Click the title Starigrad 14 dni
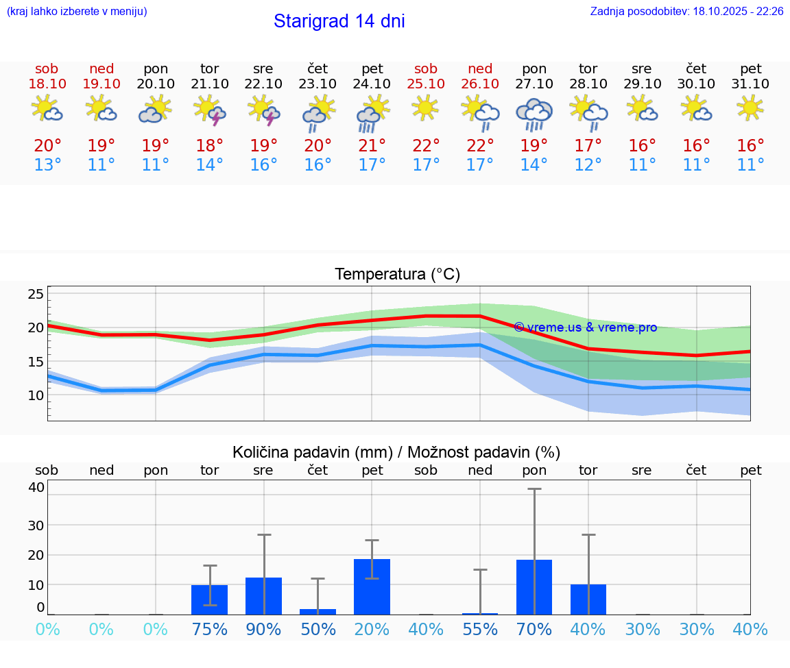pos(339,21)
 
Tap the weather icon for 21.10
pos(210,110)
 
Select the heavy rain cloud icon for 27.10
pos(534,114)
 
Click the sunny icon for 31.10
pos(750,108)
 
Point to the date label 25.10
pos(426,84)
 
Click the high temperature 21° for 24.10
pos(372,146)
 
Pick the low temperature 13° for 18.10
pos(47,165)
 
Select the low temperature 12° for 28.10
pos(588,165)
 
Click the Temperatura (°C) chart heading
pos(397,275)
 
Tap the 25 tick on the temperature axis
pos(36,294)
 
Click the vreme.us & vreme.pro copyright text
pos(585,327)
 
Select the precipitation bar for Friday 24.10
pos(372,586)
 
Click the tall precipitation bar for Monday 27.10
pos(534,587)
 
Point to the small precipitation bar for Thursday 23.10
pos(318,611)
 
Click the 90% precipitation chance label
pos(264,629)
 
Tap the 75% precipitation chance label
pos(210,629)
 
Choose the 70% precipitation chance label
pos(534,629)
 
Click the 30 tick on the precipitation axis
pos(36,525)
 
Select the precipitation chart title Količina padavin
pos(396,452)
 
